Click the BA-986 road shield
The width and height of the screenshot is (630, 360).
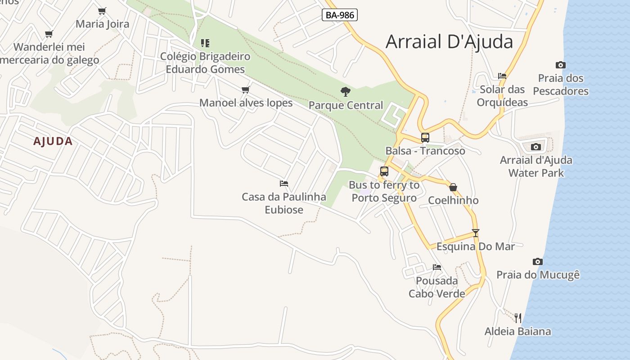340,15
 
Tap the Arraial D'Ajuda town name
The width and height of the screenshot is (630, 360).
449,41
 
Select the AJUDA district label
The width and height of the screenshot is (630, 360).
53,141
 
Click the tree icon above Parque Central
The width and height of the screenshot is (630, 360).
346,92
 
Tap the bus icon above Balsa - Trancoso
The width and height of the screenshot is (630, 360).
425,138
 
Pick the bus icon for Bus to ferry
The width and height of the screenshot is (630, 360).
384,171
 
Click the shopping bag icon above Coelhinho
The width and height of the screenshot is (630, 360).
453,187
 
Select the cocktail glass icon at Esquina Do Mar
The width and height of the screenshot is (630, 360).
476,233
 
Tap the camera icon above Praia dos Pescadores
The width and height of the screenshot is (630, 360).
561,65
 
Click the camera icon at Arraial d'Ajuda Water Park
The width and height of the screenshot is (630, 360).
535,147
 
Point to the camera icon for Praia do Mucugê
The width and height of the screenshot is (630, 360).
538,262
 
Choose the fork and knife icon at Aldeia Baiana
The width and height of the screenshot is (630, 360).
518,318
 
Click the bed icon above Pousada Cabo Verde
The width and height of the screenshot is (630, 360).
437,267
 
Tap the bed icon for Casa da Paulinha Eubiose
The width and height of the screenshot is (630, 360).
284,184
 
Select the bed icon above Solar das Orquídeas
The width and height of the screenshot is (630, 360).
502,76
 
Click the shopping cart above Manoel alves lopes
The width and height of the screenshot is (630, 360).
246,90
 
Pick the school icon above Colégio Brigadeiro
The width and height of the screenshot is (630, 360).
205,43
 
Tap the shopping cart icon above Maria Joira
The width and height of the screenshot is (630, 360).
102,11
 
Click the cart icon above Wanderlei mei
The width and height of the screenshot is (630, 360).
49,34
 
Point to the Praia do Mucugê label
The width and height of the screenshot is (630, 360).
538,274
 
